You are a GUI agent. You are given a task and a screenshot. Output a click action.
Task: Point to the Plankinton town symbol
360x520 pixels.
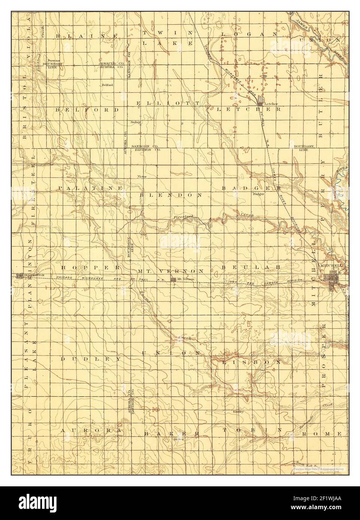19,276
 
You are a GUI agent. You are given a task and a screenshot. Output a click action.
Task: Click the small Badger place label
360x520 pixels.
259,194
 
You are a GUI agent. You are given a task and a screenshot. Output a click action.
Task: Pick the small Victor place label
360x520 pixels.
141,176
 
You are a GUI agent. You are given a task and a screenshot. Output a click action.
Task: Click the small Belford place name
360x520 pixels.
107,85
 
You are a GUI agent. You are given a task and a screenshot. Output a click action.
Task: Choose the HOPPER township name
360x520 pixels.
90,268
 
